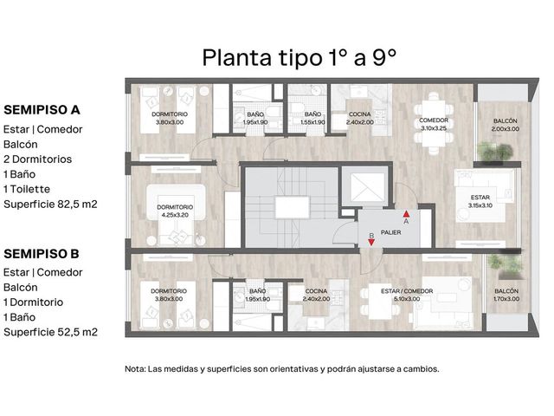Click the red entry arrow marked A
406,214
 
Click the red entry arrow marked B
371,243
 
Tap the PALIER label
390,232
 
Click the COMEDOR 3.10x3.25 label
434,124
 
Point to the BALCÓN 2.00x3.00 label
506,125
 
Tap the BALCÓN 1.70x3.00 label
506,295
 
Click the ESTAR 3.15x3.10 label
480,201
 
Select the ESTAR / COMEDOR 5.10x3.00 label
407,295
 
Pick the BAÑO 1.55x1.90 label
312,118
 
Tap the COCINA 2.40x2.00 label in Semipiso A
360,118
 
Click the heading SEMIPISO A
42,110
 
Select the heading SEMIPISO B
42,254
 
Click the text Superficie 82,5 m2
50,205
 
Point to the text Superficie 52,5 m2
50,332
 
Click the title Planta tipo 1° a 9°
299,58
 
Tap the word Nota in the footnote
135,369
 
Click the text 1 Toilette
27,189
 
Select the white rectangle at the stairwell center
292,207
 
